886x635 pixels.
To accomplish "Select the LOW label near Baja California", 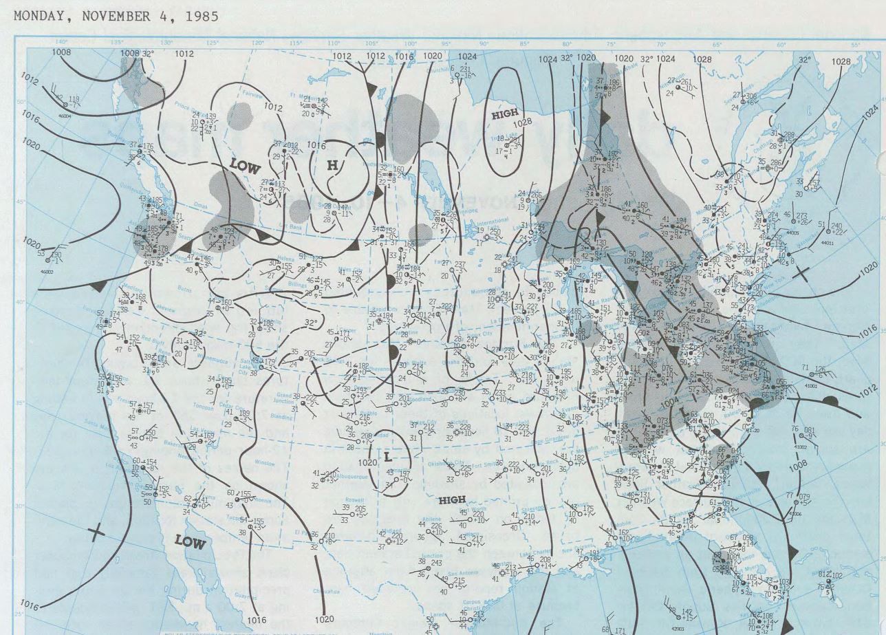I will tap(190, 542).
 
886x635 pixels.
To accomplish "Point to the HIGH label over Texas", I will tap(452, 499).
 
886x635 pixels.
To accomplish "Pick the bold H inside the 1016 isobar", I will tap(332, 165).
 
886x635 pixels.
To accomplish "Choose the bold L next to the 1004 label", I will tap(683, 411).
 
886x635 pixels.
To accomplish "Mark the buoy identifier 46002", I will tap(47, 272).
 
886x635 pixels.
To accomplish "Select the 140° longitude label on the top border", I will tap(62, 43).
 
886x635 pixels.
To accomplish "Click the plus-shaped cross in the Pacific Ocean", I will tap(97, 532).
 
